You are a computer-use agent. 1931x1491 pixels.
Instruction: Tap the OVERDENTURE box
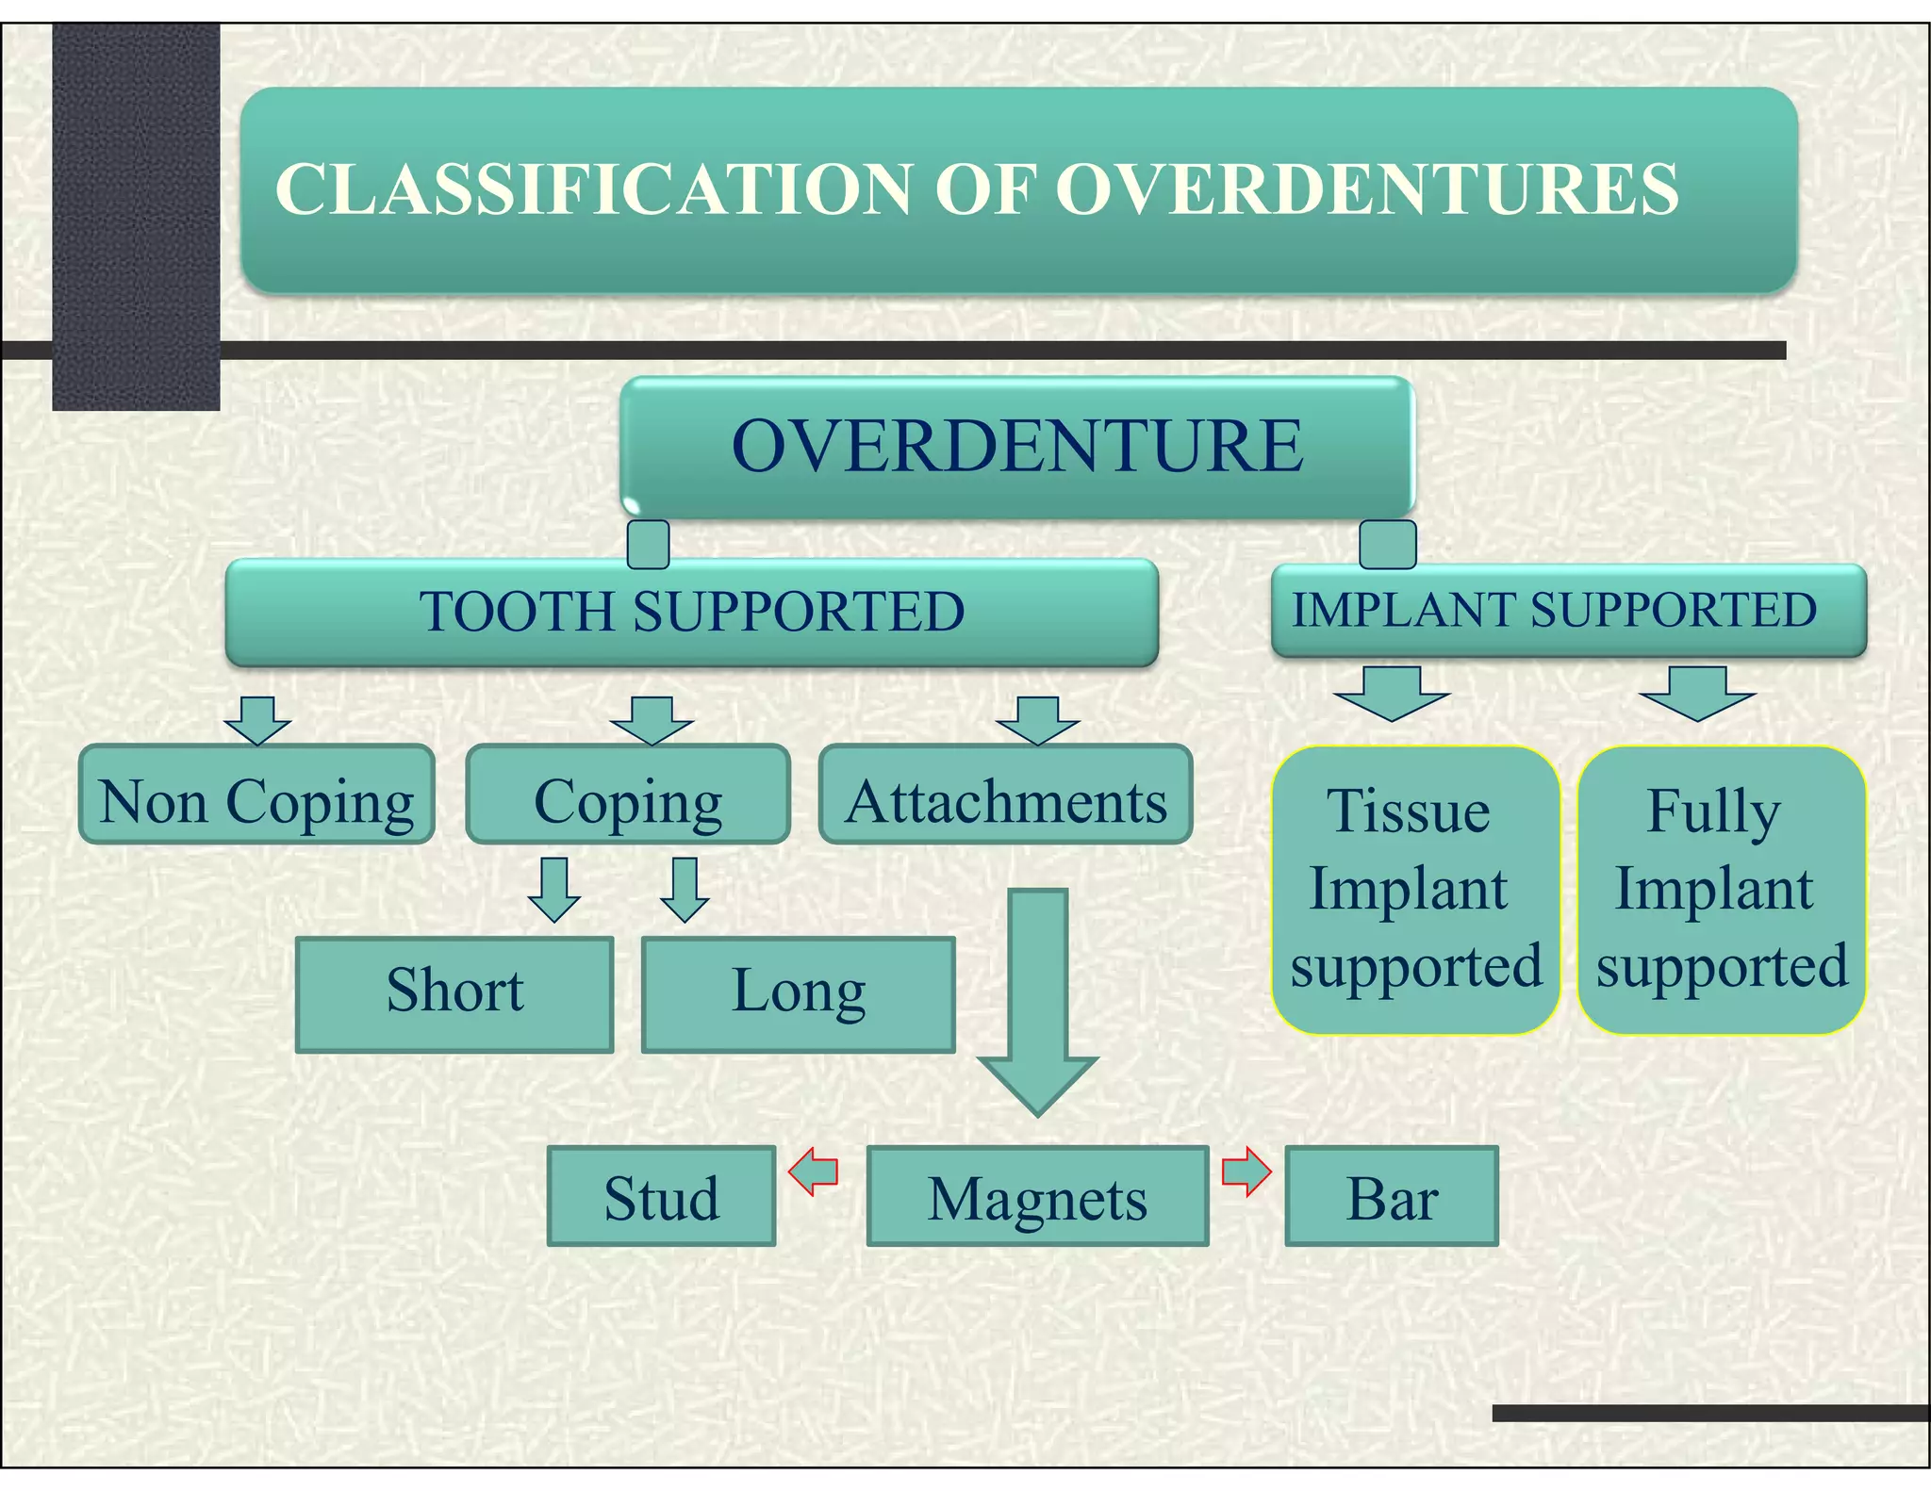1017,446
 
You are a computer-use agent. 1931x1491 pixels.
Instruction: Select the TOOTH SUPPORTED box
691,612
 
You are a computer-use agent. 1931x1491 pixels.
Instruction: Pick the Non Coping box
256,801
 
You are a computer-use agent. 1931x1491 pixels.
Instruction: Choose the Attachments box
1005,801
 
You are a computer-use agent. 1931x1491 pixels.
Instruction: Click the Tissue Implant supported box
1414,889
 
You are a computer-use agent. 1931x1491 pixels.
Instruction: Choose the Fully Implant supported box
1721,889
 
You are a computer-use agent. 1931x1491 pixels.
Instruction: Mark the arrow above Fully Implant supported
1697,693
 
